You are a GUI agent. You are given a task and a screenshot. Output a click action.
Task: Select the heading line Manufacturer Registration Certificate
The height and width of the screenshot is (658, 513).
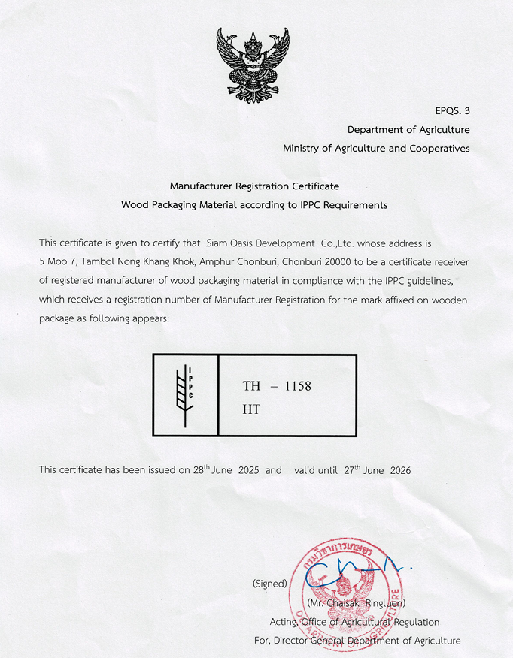click(254, 186)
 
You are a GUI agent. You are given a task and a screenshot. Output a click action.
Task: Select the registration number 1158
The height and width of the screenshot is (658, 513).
click(296, 386)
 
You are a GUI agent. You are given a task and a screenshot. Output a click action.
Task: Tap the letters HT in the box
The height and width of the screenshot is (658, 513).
click(251, 410)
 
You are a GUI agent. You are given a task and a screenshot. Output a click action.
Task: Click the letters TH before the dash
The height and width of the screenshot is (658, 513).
click(251, 386)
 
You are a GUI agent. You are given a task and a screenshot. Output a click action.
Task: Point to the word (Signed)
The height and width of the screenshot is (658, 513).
click(270, 584)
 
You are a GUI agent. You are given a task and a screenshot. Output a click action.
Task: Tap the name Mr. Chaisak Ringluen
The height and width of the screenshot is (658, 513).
click(357, 603)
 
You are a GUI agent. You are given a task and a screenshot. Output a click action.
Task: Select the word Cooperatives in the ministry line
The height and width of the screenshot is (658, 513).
click(439, 149)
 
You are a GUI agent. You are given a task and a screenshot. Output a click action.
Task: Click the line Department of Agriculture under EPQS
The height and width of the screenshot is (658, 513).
click(408, 130)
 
